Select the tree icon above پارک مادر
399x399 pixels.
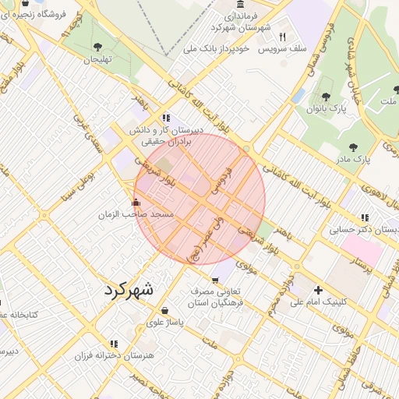click(x=355, y=147)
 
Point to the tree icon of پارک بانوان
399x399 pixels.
click(x=325, y=97)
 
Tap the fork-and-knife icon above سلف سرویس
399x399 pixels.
click(x=282, y=36)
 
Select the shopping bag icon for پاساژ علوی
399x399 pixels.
click(x=164, y=310)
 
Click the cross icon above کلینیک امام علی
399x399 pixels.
click(x=318, y=290)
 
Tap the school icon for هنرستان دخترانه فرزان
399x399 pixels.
click(x=114, y=343)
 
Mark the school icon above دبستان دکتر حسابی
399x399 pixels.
click(x=364, y=217)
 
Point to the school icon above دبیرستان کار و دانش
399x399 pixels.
click(x=164, y=118)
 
